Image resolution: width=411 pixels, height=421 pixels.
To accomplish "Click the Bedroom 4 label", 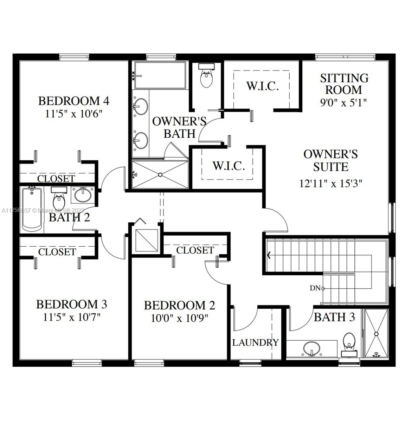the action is (74, 101).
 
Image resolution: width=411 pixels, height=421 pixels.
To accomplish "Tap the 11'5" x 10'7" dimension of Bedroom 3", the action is (72, 318).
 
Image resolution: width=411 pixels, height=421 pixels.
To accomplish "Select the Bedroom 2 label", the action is (180, 306).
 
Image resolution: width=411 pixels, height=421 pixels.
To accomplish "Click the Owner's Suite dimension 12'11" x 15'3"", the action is (330, 183).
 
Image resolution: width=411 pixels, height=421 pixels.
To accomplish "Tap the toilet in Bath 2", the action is (59, 198).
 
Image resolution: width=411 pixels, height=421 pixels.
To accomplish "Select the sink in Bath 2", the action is (83, 195).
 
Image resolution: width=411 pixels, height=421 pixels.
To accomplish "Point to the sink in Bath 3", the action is (312, 349).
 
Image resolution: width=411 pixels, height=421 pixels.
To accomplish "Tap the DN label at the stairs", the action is (315, 288).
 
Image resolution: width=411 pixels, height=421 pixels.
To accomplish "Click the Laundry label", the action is (255, 343).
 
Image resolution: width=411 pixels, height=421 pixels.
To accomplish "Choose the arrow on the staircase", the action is (269, 255).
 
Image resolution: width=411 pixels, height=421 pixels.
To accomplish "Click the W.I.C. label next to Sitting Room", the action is (263, 86).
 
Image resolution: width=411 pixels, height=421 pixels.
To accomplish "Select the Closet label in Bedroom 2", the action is (195, 250).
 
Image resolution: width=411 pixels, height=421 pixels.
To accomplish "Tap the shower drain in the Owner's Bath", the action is (160, 175).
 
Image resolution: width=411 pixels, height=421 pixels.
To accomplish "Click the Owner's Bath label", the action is (179, 128).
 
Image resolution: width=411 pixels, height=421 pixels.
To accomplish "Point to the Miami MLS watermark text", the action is (43, 210).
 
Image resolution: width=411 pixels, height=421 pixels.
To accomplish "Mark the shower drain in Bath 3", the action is (376, 334).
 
